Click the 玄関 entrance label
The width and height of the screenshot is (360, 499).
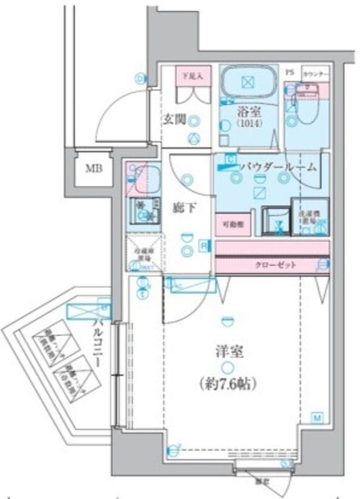174,120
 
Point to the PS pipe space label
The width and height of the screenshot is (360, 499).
289,72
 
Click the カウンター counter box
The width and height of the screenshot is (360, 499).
314,73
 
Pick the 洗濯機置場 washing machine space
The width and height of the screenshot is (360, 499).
310,216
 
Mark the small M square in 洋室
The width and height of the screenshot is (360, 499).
317,417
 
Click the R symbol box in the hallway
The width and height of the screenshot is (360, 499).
204,246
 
